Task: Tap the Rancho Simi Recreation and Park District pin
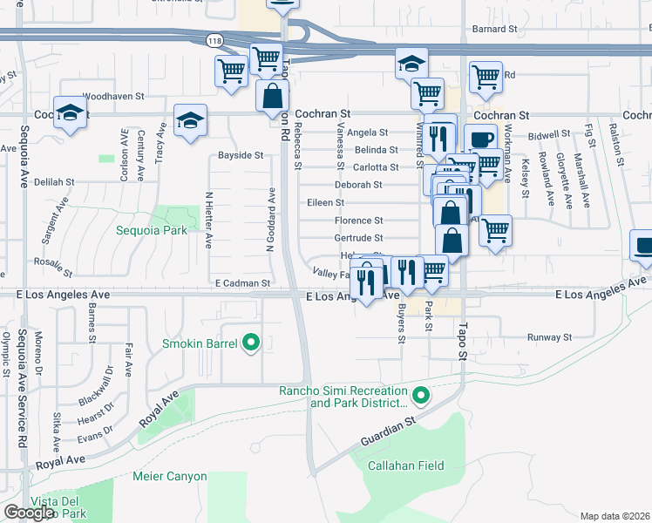click(x=420, y=397)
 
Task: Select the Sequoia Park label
click(x=153, y=231)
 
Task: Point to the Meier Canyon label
click(x=169, y=477)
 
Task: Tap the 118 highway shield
click(x=214, y=40)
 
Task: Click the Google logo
click(x=29, y=512)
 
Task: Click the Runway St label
click(x=549, y=336)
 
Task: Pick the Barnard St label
click(x=494, y=29)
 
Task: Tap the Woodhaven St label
click(x=112, y=96)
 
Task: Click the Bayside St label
click(x=241, y=155)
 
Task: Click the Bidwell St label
click(x=548, y=135)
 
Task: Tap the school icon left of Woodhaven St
click(x=70, y=113)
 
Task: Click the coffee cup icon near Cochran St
click(x=479, y=139)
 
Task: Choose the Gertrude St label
click(x=358, y=238)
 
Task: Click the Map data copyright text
click(x=615, y=516)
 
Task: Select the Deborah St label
click(x=359, y=185)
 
